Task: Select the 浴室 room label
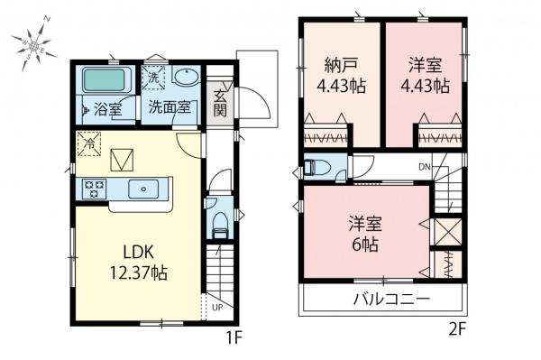coord(111,110)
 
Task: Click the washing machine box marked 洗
coord(154,78)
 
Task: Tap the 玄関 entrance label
coord(219,102)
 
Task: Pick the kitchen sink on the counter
coord(144,189)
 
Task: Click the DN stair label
coord(424,167)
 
